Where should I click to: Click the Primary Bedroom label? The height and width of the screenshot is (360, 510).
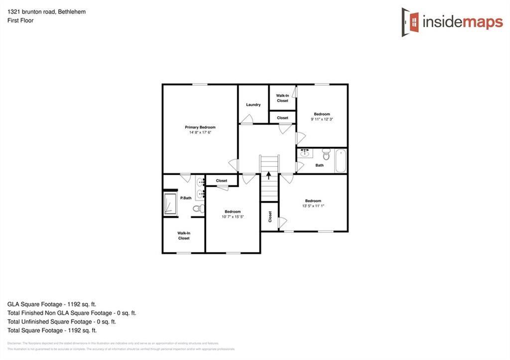click(200, 127)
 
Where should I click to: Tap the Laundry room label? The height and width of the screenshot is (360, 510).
click(253, 105)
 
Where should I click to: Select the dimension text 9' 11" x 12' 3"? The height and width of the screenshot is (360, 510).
click(322, 120)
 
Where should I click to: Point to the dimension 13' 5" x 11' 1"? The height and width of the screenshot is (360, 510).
click(313, 206)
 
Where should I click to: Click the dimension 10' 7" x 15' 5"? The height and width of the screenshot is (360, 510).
click(233, 217)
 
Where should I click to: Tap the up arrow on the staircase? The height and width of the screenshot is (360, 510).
click(269, 175)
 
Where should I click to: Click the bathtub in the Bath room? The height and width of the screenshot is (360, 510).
click(341, 160)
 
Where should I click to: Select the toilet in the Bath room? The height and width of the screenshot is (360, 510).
click(326, 153)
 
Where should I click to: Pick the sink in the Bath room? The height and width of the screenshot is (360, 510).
click(304, 153)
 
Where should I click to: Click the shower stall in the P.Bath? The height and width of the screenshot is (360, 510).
click(170, 204)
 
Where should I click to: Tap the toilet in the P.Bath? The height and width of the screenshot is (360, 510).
click(197, 208)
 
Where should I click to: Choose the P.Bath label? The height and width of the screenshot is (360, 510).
click(186, 198)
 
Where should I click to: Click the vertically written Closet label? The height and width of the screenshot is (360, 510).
click(270, 217)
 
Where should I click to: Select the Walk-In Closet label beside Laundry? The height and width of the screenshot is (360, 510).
click(282, 98)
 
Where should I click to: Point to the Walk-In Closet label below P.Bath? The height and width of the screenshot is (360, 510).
click(184, 236)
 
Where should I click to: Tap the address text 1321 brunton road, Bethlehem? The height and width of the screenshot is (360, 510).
click(46, 11)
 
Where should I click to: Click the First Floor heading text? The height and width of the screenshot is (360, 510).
click(20, 20)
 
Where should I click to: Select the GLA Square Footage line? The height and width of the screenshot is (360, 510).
click(52, 304)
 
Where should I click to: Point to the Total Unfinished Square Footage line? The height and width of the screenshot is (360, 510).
click(62, 322)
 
